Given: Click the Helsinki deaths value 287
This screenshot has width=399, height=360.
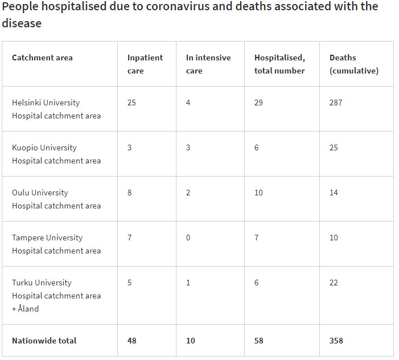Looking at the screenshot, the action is [336, 103].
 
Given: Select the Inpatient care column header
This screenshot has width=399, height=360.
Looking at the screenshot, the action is [145, 64].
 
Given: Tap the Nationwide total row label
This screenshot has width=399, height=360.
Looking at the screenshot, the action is [44, 341].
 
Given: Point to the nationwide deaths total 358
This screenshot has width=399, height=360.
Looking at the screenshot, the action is [336, 341].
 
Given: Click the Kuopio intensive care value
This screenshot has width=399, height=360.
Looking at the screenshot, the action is [188, 148].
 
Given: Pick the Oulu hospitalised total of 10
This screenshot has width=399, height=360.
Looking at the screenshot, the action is [258, 193].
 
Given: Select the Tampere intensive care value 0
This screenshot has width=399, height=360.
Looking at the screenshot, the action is [188, 238].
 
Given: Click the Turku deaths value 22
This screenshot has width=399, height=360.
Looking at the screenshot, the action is [334, 283].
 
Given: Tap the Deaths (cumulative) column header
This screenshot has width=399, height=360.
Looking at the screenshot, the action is [354, 64].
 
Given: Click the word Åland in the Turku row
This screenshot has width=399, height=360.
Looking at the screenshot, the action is [28, 308].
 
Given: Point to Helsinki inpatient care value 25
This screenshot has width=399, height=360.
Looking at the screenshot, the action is [131, 103].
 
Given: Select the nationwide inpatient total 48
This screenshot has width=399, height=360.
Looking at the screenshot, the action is [132, 341].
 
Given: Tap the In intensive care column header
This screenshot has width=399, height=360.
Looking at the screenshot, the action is [208, 64].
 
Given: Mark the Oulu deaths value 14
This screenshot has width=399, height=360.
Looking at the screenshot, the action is [334, 193].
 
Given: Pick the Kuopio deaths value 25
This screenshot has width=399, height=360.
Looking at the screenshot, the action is [334, 148].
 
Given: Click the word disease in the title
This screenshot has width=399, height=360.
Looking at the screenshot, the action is [22, 23].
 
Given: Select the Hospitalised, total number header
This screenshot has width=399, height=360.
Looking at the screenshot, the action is [279, 64].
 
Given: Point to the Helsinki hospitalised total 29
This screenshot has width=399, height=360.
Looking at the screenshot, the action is [258, 103].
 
